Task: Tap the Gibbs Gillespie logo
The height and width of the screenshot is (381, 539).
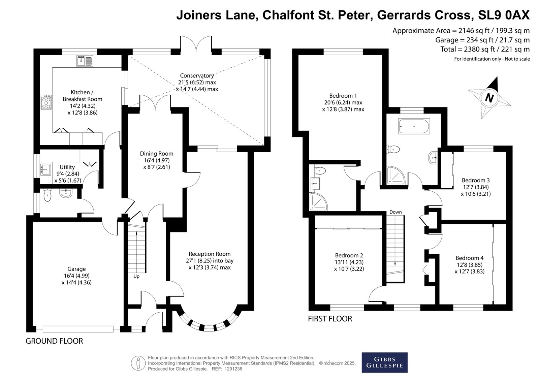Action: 384,362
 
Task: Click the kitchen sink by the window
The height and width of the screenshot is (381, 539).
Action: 85,61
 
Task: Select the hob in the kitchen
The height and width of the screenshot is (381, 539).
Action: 46,102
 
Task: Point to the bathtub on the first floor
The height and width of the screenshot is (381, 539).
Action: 414,126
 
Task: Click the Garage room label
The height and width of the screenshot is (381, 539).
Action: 76,269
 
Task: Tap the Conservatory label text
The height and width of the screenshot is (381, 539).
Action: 197,76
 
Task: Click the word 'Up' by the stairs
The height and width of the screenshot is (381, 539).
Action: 136,276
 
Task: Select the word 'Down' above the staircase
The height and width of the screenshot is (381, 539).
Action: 395,212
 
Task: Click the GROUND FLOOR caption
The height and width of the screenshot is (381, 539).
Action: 54,341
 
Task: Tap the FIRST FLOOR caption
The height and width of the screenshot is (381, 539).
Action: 330,319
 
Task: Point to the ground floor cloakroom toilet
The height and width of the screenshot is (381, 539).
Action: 47,195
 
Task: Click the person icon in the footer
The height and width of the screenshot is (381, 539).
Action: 138,363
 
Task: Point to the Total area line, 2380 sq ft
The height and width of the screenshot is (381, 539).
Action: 485,49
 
